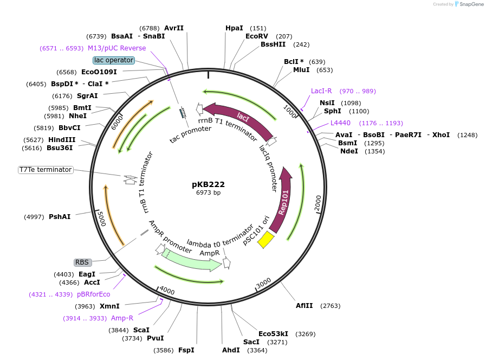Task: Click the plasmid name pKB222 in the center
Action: coord(208,184)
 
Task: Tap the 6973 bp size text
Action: coord(208,192)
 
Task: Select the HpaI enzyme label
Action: coord(235,28)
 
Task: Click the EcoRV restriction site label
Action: coord(257,36)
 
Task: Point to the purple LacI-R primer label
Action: coord(321,91)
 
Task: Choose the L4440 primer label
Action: coord(341,123)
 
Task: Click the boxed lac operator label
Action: coord(113,60)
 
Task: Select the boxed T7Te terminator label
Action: coord(46,170)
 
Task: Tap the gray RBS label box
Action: coord(82,262)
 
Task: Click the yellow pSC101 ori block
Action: coord(265,239)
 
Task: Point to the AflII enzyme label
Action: coord(304,306)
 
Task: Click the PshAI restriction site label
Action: coord(60,217)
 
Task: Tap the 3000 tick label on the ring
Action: coord(264,283)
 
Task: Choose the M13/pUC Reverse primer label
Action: coord(117,48)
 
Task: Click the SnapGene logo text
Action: coord(469,4)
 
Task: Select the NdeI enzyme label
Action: coord(349,151)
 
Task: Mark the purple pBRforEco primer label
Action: coord(93,294)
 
